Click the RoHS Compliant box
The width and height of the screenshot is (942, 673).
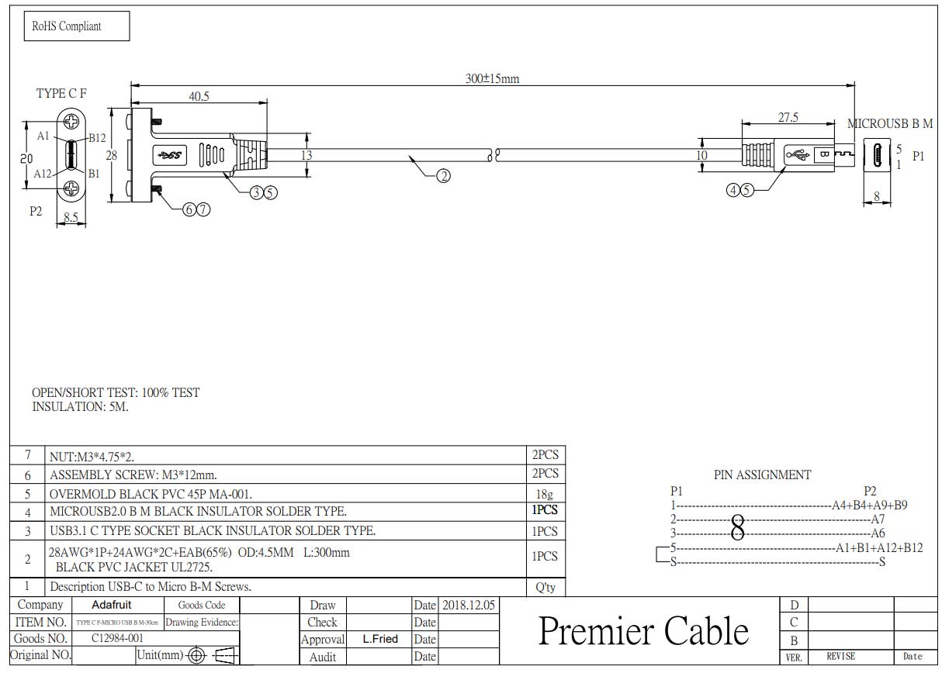pos(77,26)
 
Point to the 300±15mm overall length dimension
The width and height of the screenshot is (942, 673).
pos(492,79)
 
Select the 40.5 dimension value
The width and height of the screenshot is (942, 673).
pos(199,96)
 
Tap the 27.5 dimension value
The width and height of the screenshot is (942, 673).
pos(788,118)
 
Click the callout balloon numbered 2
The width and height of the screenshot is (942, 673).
pos(443,176)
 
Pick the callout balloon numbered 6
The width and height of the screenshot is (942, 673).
pos(189,209)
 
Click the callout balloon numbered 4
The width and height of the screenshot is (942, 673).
pos(733,190)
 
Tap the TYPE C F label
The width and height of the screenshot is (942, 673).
pos(61,94)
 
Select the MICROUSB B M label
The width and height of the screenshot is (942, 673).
pos(889,124)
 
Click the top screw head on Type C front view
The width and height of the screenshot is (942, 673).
pos(72,121)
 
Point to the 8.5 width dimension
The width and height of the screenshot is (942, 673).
pos(71,219)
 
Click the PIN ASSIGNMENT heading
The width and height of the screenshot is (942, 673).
pos(762,475)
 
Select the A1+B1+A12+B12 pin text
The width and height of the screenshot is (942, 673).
pos(879,547)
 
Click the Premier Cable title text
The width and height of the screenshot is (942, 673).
pos(643,631)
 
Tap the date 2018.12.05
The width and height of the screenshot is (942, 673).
pos(469,605)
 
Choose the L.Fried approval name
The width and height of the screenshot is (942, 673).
pos(379,640)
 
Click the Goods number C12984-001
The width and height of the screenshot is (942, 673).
pos(117,638)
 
